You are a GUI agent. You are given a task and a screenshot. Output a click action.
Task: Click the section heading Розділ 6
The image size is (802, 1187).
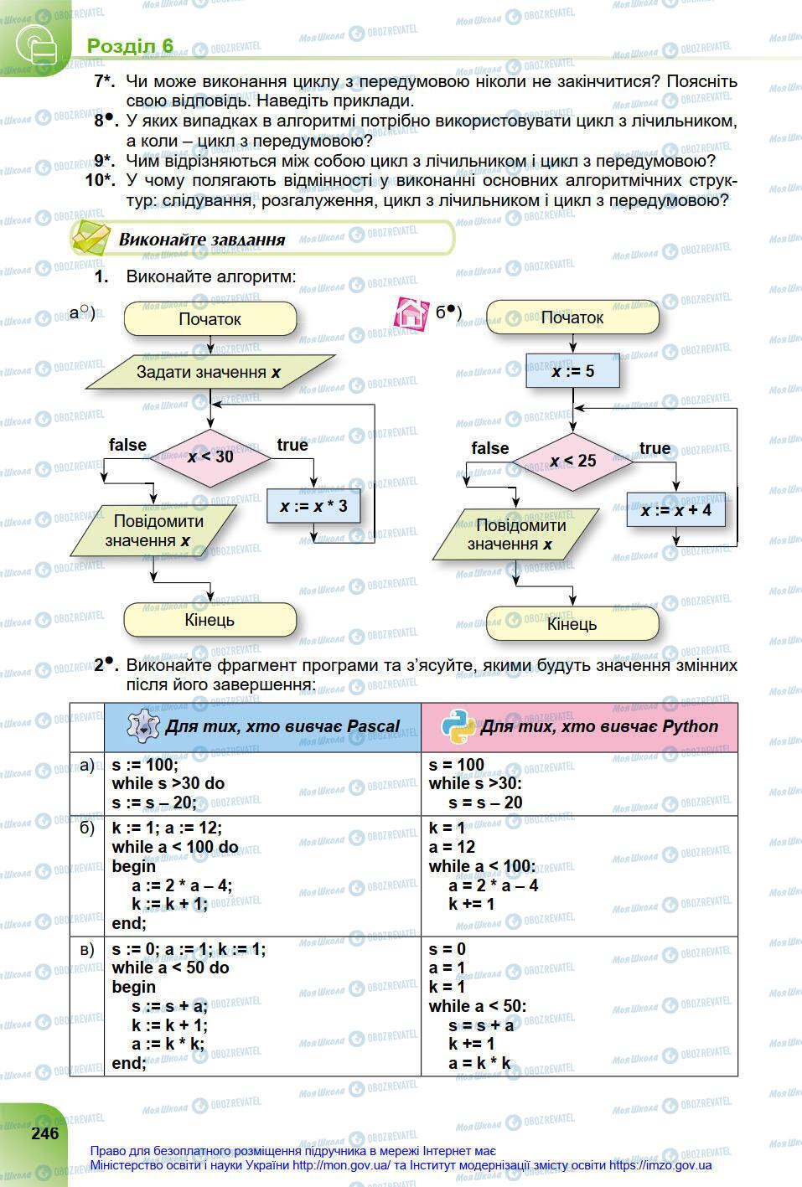(130, 45)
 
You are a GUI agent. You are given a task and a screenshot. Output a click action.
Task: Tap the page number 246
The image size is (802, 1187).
(45, 1133)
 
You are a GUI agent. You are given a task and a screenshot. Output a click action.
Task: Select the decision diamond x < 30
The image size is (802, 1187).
(210, 457)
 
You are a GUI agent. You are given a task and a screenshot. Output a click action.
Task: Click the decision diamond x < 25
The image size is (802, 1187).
(573, 461)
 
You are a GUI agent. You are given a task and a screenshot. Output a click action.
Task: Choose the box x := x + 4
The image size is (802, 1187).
(675, 509)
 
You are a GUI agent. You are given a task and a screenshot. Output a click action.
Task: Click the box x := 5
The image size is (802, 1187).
(572, 370)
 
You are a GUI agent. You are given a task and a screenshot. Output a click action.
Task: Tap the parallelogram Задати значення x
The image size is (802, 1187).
(210, 372)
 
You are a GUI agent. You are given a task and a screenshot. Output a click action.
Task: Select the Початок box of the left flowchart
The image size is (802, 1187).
(210, 319)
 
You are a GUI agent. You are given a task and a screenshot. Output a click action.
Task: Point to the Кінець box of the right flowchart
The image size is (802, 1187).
(572, 624)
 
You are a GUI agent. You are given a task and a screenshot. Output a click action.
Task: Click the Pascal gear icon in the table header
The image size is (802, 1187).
(143, 726)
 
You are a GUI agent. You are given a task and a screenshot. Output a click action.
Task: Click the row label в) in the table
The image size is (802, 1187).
(86, 949)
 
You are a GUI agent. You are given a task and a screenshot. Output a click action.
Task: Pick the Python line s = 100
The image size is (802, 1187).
(457, 764)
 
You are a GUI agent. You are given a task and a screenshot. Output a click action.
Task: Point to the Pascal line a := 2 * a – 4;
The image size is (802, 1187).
(182, 885)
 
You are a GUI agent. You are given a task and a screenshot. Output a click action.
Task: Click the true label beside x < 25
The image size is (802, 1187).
(655, 448)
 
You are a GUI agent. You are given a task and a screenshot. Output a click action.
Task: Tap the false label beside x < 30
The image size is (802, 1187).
(127, 445)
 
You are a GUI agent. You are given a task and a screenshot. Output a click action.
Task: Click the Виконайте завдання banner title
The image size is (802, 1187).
(202, 240)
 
